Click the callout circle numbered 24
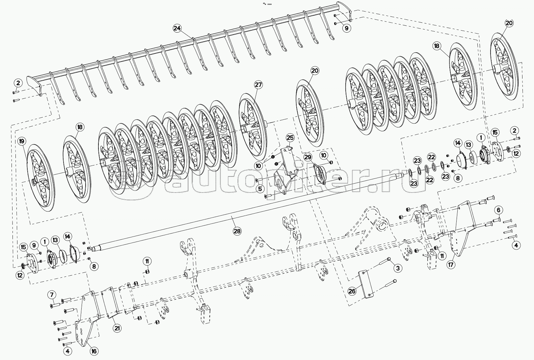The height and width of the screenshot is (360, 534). pyautogui.click(x=177, y=29)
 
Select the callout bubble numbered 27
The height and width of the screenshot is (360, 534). pyautogui.click(x=258, y=85)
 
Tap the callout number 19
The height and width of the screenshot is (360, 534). pyautogui.click(x=22, y=141)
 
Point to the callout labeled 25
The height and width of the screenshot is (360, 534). pyautogui.click(x=290, y=138)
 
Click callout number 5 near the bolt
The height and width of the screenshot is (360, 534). pyautogui.click(x=260, y=189)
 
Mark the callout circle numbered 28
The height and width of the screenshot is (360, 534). pyautogui.click(x=237, y=231)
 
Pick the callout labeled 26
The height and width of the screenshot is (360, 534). pyautogui.click(x=352, y=291)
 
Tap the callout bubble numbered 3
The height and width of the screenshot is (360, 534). pyautogui.click(x=398, y=268)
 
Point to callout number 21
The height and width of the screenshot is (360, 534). pyautogui.click(x=117, y=328)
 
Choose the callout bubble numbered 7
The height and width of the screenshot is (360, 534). pyautogui.click(x=52, y=295)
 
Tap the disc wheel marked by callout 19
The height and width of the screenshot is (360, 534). pyautogui.click(x=41, y=177)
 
